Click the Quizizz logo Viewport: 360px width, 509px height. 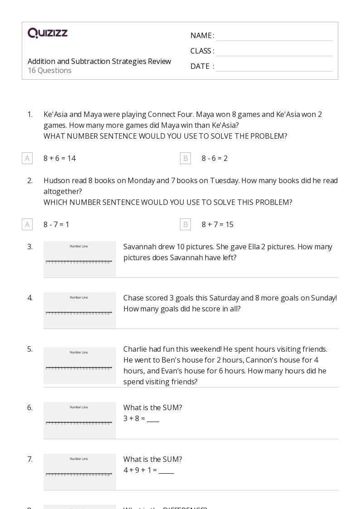48,33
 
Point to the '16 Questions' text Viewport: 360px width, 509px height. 49,71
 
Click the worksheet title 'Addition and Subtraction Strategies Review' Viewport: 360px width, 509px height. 99,61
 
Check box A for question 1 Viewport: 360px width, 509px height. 27,158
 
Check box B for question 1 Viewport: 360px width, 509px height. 185,158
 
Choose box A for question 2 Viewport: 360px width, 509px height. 27,224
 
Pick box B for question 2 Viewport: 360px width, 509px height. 185,224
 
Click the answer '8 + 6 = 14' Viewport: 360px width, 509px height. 59,158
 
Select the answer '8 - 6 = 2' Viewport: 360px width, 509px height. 214,158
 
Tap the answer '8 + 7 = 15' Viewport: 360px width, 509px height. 217,224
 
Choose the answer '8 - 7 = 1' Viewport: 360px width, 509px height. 56,224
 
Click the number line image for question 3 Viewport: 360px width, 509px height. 80,259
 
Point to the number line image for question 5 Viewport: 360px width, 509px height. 80,365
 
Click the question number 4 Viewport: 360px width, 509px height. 30,298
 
